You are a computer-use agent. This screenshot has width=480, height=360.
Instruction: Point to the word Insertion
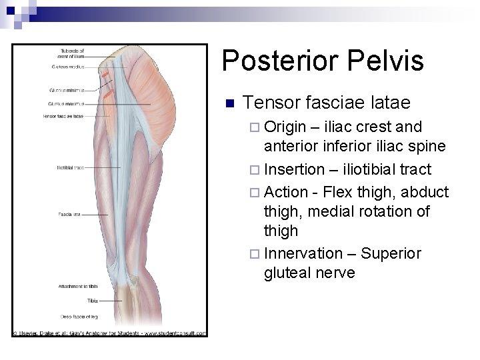[293, 169]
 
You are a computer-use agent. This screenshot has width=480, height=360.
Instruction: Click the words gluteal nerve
[310, 273]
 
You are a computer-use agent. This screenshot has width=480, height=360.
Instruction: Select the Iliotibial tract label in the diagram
[71, 167]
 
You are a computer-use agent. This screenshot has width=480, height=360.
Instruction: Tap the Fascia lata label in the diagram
[70, 215]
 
